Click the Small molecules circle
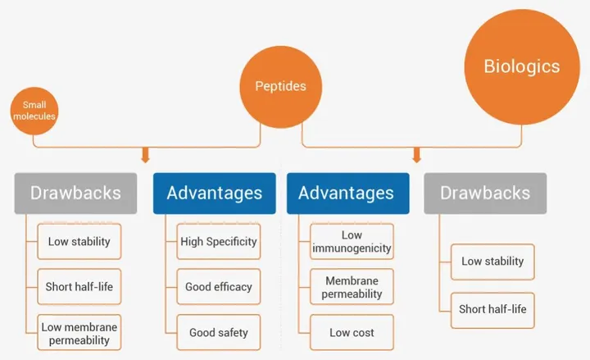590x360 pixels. pos(34,111)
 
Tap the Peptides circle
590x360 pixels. pos(281,87)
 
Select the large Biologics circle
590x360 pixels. pos(522,67)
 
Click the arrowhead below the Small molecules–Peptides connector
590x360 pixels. pos(146,156)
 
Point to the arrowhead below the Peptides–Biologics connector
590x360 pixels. pos(416,156)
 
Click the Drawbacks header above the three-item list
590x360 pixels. pos(75,194)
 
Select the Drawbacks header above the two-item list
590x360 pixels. pos(485,194)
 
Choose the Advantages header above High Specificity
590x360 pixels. pos(215,194)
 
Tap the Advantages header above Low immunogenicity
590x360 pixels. pos(348,194)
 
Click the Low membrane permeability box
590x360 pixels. pos(79,332)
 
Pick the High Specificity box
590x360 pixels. pos(219,241)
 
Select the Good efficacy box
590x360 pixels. pos(219,286)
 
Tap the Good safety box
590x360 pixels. pos(219,332)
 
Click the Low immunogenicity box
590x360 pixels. pos(352,241)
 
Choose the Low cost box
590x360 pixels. pos(352,332)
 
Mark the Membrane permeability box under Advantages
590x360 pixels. pos(352,286)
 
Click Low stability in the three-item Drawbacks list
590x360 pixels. pos(79,241)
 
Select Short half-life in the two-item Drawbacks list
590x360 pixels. pos(492,310)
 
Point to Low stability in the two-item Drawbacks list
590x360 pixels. pos(492,262)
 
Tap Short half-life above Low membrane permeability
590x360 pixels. pos(79,286)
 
